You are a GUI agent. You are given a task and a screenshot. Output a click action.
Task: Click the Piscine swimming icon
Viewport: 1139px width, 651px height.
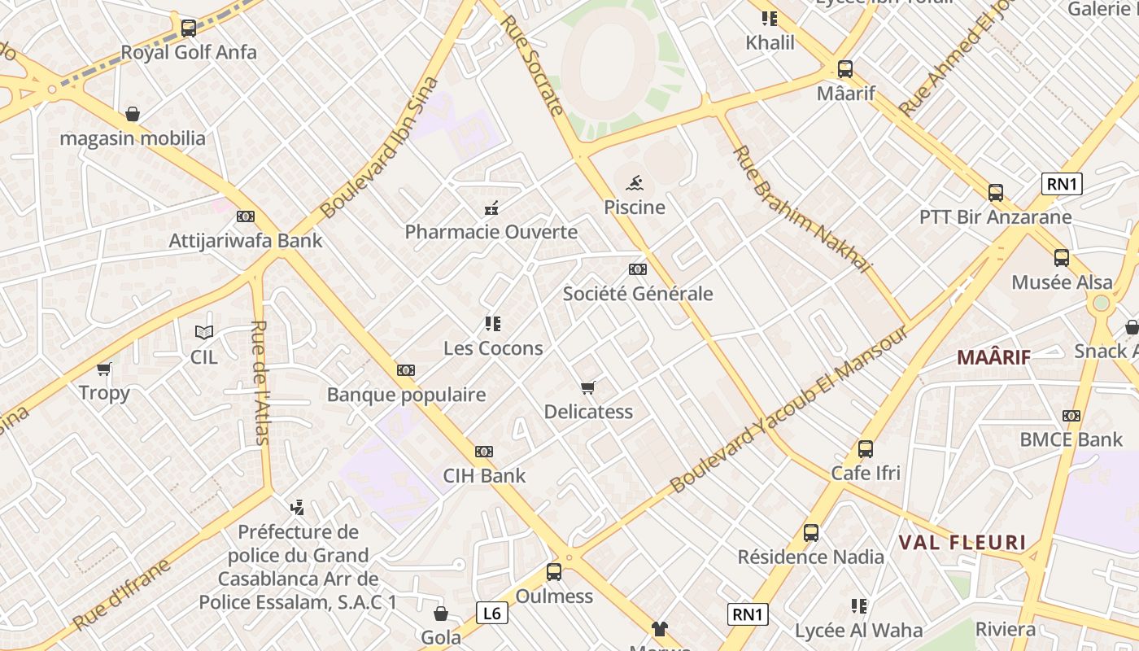coord(635,182)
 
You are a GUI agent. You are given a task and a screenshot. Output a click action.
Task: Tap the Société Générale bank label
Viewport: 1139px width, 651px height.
coord(638,294)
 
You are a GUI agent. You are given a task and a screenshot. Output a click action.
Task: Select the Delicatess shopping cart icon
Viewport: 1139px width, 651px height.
coord(588,387)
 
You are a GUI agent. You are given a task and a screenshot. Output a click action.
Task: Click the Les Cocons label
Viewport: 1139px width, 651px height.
coord(493,348)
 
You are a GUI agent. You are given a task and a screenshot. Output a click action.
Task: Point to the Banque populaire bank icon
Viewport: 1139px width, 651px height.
coord(406,370)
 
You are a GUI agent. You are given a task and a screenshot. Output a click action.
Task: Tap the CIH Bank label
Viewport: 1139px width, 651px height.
coord(484,476)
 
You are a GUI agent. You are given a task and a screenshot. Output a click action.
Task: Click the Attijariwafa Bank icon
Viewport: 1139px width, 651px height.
coord(245,216)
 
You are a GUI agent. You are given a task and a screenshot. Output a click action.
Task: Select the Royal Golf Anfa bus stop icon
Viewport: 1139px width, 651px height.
coord(189,28)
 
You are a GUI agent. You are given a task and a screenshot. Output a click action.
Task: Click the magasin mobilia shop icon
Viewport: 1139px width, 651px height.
coord(133,114)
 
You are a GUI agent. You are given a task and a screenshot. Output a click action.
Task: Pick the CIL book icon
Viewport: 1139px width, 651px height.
coord(204,332)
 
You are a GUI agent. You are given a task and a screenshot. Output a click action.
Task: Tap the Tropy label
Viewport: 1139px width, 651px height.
coord(104,393)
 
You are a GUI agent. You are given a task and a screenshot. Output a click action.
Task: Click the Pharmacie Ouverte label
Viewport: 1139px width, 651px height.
coord(491,232)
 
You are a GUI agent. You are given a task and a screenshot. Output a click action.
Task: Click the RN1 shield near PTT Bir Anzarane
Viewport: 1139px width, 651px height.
coord(1062,184)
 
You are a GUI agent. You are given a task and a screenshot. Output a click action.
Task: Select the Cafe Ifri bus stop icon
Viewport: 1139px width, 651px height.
coord(866,449)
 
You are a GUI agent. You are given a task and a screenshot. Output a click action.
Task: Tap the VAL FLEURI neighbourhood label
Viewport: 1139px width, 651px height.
coord(962,543)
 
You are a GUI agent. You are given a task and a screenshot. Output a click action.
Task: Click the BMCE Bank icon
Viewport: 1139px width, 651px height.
coord(1071,416)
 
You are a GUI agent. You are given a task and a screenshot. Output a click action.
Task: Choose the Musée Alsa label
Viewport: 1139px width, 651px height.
coord(1062,282)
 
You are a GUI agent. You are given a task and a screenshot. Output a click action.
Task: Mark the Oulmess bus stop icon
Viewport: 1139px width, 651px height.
coord(554,572)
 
